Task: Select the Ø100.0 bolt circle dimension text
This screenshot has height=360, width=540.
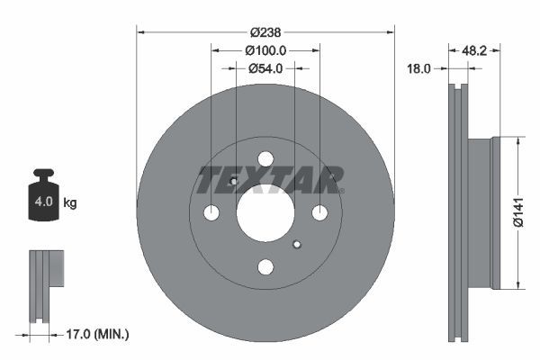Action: pos(265,51)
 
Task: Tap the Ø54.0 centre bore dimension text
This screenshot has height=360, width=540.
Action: pos(265,67)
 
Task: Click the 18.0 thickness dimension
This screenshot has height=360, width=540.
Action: pos(421,67)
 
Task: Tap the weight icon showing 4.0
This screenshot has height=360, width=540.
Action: pos(43,200)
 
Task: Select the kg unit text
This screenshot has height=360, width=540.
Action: pos(70,203)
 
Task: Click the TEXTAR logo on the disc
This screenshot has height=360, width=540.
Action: pos(270,179)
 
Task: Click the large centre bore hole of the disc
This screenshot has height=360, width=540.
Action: pos(265,213)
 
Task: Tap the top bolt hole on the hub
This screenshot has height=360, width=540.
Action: pos(265,159)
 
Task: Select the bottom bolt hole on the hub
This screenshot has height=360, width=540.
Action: pos(265,266)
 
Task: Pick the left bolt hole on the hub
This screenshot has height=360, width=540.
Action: pos(211,213)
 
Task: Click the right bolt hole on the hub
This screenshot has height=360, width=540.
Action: pos(319,213)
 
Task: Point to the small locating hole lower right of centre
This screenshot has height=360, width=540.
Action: pos(298,243)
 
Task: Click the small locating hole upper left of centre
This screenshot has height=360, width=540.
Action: pos(233,182)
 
